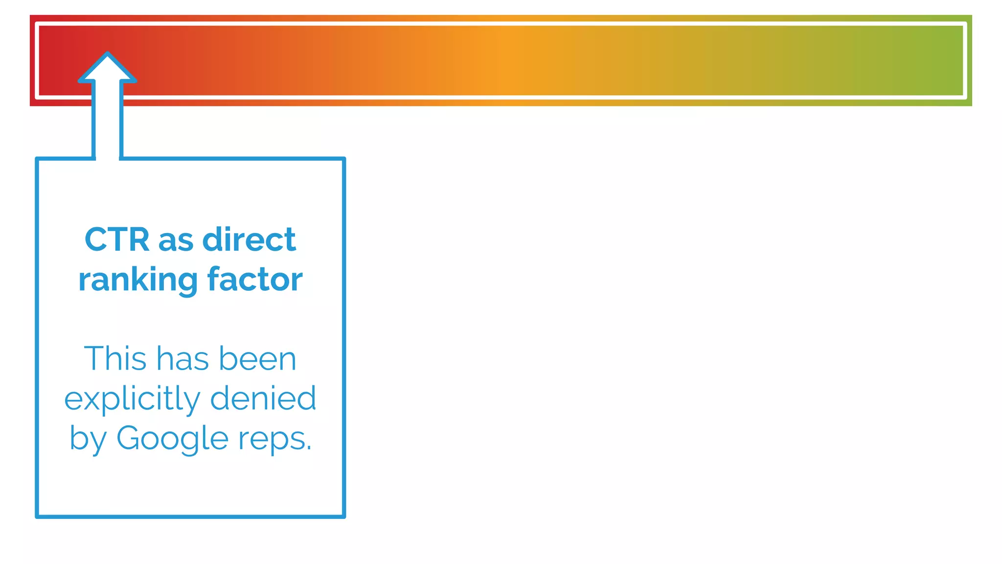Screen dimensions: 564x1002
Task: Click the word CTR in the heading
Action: point(117,240)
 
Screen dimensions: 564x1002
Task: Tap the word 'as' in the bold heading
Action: point(175,241)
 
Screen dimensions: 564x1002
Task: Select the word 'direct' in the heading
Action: point(249,240)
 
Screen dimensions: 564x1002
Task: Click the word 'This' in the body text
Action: point(115,358)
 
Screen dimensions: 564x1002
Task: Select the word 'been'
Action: point(257,359)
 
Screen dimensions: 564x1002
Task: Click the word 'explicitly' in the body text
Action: point(132,399)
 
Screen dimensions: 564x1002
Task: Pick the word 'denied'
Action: point(263,398)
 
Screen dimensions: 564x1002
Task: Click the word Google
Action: point(172,439)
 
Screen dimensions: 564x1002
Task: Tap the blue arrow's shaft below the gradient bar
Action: point(107,130)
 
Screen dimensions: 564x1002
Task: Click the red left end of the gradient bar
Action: point(54,60)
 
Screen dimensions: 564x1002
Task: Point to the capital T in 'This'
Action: point(94,358)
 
